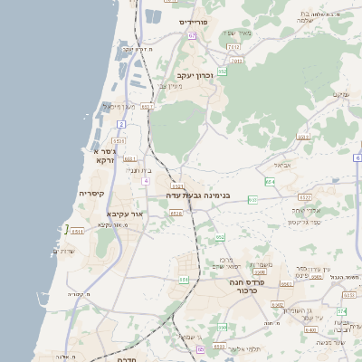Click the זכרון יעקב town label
[x=194, y=76]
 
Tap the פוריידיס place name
[x=194, y=21]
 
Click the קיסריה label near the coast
[x=91, y=194]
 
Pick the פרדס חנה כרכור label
[x=245, y=287]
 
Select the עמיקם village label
[x=339, y=94]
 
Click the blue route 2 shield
[x=120, y=123]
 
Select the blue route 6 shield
[x=357, y=158]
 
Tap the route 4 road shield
[x=146, y=181]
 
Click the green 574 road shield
[x=341, y=311]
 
